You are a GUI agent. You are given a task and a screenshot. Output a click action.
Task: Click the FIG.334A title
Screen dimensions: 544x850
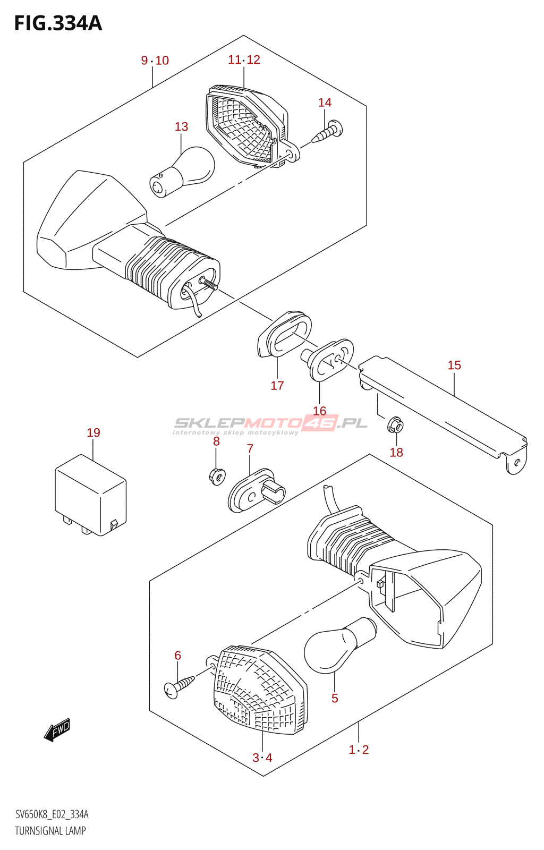tap(58, 23)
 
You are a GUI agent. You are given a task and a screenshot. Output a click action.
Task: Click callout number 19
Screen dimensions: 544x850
tap(93, 433)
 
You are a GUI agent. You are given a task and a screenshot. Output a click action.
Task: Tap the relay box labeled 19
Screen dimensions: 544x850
tap(90, 495)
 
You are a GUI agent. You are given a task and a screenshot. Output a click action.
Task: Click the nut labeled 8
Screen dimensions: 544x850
tap(217, 475)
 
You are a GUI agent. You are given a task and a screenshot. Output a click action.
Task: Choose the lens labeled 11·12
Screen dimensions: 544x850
tap(244, 125)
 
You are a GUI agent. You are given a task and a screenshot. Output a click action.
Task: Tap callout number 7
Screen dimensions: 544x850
tap(250, 449)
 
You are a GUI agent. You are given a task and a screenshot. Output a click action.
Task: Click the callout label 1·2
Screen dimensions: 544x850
tap(359, 750)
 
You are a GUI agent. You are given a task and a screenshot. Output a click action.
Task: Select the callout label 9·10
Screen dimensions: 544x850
tap(155, 61)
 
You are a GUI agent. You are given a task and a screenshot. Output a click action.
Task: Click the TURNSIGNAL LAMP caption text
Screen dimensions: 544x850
tap(50, 831)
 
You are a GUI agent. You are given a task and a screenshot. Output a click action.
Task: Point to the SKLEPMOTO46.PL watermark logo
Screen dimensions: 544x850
tap(271, 423)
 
